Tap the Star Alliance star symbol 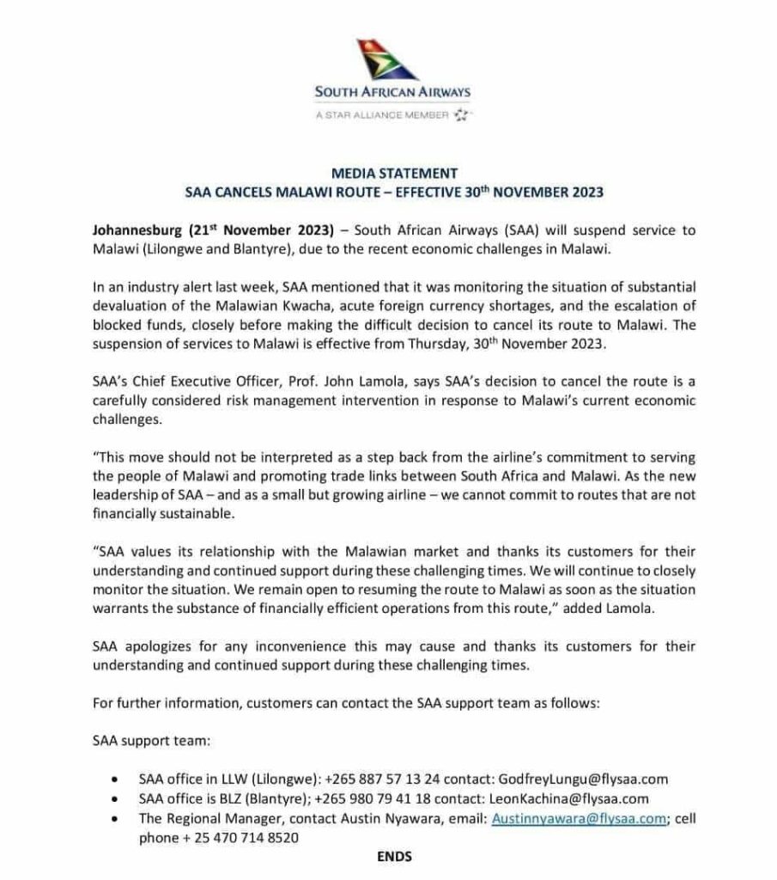(463, 113)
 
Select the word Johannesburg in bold (134, 230)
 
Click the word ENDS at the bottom (394, 857)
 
